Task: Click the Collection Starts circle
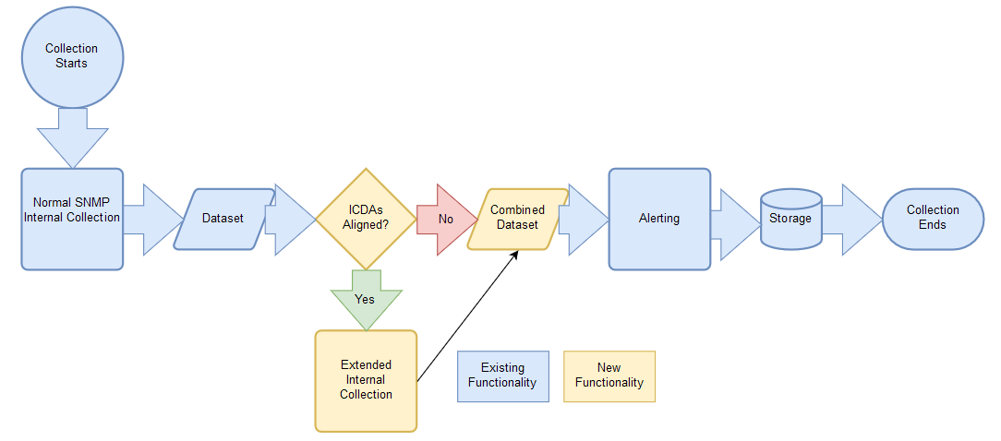(72, 56)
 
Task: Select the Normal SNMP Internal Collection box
(72, 219)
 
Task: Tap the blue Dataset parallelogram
(223, 219)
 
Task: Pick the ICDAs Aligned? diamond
(367, 219)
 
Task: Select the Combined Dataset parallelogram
(517, 219)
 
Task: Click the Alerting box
(659, 219)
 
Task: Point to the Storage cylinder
(790, 219)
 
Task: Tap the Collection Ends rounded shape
(932, 219)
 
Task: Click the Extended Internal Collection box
(366, 380)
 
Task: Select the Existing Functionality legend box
(502, 375)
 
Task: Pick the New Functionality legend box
(609, 375)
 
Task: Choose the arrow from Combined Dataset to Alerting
(585, 219)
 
